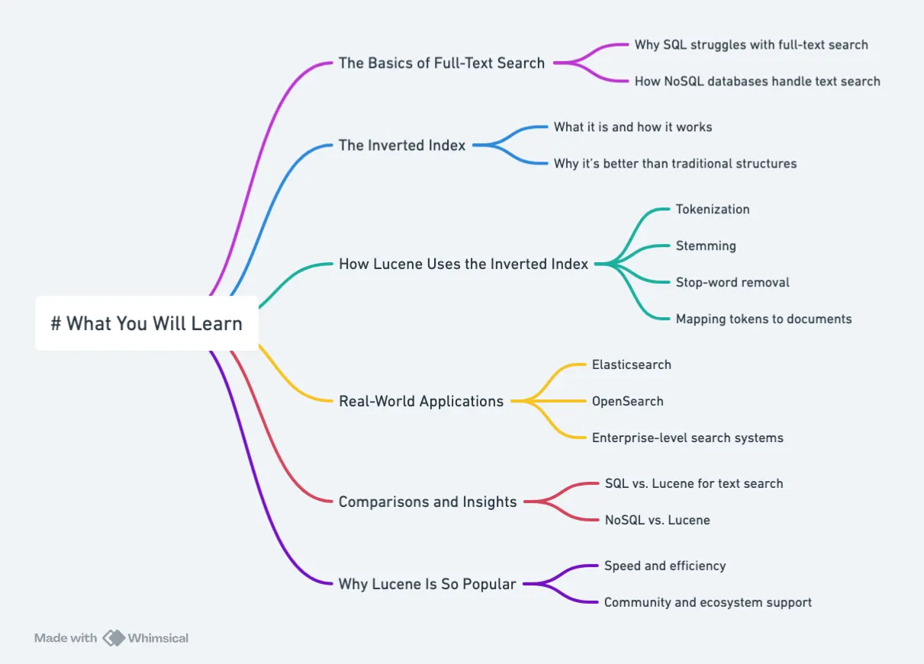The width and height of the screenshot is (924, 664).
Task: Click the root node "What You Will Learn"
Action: tap(146, 323)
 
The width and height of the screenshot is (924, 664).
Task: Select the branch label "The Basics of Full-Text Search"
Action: tap(442, 63)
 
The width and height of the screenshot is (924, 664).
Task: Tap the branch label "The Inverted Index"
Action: tap(402, 146)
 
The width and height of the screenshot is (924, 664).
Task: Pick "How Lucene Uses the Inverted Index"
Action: tap(463, 265)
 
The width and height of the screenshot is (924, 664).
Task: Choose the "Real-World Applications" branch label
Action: tap(421, 402)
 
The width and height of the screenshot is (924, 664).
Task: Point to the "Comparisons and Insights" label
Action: tap(428, 502)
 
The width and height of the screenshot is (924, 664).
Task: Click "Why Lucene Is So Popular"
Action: tap(427, 585)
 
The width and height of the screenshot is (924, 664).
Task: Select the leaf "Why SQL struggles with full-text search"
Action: tap(751, 45)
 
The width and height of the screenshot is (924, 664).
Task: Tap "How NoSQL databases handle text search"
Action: tap(757, 82)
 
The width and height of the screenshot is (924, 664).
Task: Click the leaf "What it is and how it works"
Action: tap(633, 127)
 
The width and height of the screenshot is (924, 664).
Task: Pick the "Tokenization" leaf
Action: tap(713, 210)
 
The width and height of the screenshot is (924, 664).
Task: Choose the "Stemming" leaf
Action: tap(706, 246)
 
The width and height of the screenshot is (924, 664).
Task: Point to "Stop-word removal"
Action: tap(732, 283)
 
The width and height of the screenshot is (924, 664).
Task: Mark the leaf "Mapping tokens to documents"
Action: tap(764, 319)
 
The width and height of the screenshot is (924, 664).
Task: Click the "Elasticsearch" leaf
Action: tap(632, 365)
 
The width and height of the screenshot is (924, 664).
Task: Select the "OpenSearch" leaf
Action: tap(628, 402)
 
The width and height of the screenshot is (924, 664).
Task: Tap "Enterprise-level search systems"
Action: tap(687, 438)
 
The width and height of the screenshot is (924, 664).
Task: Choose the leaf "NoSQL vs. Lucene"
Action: tap(657, 521)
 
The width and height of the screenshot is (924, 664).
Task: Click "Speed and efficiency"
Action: tap(665, 566)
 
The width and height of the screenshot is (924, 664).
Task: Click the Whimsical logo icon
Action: tap(114, 638)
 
